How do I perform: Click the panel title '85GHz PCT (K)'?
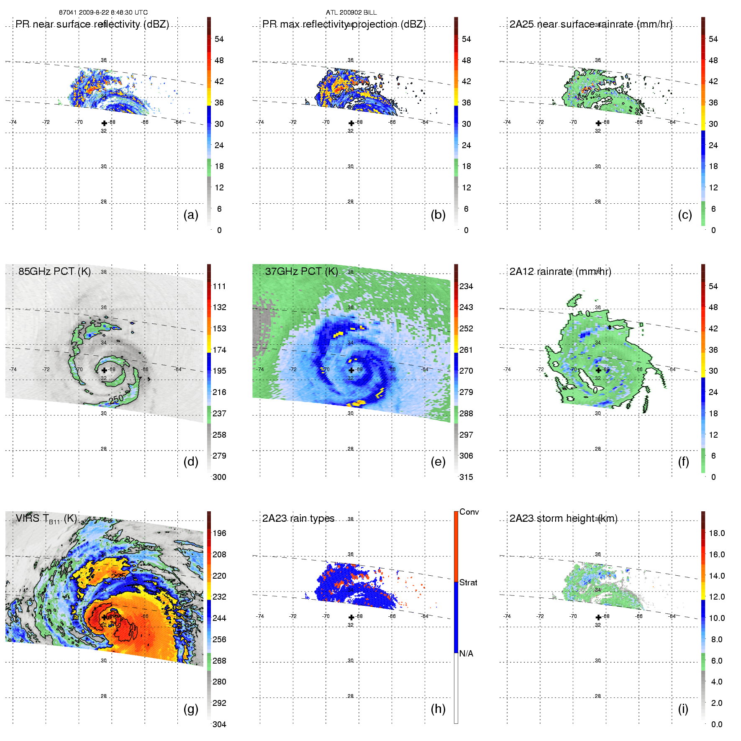pos(54,271)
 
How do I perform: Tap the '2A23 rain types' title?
pos(298,518)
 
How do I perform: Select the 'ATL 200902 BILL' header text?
pos(351,13)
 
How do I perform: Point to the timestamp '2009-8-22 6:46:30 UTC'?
pos(113,13)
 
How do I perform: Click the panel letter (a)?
pos(191,215)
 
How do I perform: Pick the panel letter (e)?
pos(438,462)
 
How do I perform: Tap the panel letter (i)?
pos(683,709)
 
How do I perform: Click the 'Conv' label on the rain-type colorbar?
pos(469,512)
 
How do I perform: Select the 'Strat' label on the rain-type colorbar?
pos(468,582)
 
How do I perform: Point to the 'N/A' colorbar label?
pos(466,654)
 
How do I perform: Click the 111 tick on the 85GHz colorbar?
pos(219,286)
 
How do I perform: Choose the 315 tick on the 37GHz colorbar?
pos(466,477)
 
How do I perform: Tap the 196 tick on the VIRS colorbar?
pos(219,533)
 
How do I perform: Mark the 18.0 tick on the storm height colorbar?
pos(717,533)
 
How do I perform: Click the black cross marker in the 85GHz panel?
pos(104,370)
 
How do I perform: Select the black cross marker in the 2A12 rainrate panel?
pos(598,370)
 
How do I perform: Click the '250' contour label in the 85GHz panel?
pos(116,399)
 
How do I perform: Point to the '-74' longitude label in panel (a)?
pos(13,122)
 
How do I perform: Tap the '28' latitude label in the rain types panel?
pos(350,696)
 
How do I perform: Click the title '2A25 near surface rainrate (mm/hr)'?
pos(591,24)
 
